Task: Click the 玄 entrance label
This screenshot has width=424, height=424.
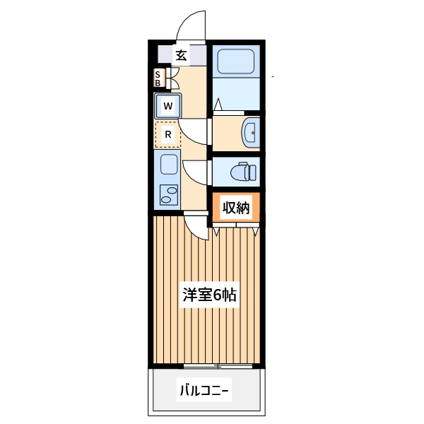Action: point(181,55)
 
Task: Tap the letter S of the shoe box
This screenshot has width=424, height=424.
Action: point(158,73)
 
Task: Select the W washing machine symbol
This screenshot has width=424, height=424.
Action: point(168,107)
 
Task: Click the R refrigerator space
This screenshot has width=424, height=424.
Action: point(168,134)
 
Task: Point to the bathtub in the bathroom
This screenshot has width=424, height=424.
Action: point(237,62)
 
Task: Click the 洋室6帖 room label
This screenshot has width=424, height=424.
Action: point(209,295)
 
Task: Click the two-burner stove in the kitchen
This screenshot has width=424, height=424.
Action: point(169,194)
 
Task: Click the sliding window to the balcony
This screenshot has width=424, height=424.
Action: point(218,366)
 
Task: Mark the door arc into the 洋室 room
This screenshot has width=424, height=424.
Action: point(197,228)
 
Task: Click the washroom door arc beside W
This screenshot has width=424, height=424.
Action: point(192,129)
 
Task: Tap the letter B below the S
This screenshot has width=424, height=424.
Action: point(158,83)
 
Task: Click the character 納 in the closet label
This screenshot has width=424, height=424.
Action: point(244,208)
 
